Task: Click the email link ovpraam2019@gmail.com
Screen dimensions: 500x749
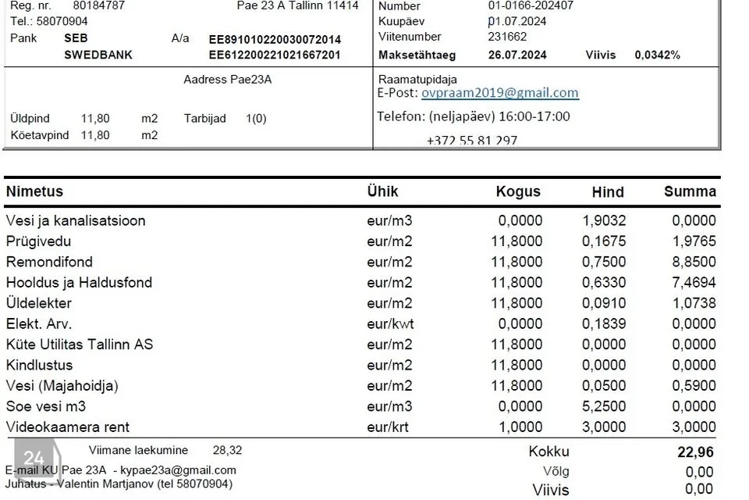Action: click(499, 93)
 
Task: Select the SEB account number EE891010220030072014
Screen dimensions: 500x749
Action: click(275, 39)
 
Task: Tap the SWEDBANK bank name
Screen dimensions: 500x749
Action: click(98, 55)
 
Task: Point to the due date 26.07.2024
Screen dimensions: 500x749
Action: click(517, 55)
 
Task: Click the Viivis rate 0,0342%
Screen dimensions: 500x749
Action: click(657, 55)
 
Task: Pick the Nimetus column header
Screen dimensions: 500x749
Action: click(34, 191)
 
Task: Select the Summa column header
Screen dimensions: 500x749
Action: click(690, 191)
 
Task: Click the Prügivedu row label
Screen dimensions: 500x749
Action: click(38, 241)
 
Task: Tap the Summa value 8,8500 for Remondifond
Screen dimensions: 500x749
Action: click(694, 262)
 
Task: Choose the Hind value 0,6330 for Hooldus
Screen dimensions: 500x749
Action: click(604, 282)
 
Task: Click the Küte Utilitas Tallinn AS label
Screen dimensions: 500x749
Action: click(80, 345)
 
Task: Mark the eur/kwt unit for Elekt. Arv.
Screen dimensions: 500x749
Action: click(390, 323)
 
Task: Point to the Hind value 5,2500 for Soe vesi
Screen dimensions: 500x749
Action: click(604, 406)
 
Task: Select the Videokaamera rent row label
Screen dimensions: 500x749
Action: click(68, 427)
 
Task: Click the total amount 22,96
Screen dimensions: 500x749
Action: click(695, 452)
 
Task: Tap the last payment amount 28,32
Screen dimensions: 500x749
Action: click(227, 450)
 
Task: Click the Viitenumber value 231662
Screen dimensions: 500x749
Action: click(507, 37)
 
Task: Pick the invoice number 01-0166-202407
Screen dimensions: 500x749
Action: click(531, 5)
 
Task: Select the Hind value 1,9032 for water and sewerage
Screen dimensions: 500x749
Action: click(604, 220)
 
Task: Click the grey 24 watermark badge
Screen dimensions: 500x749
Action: click(34, 459)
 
